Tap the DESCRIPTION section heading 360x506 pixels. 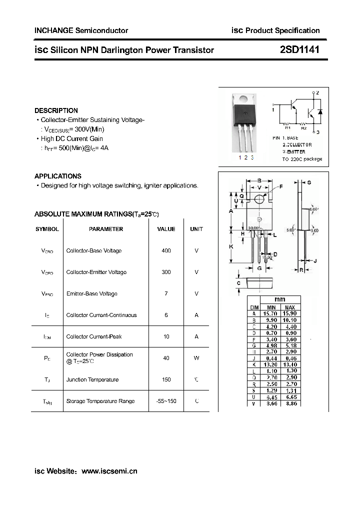[56, 110]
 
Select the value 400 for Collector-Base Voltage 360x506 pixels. [166, 250]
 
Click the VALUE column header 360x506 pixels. [166, 229]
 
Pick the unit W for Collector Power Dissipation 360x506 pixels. [196, 358]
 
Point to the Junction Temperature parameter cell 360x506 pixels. [92, 379]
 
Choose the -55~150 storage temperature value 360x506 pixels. [166, 401]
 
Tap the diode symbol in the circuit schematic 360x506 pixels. [320, 111]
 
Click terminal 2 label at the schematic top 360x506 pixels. [317, 93]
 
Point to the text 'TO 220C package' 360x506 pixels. [302, 159]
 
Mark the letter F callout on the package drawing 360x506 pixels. [281, 186]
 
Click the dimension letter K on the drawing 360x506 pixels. [231, 247]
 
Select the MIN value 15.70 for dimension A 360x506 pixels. [271, 313]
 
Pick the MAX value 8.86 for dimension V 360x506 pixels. [290, 403]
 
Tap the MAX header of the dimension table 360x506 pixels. [290, 307]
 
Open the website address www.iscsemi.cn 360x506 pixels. [109, 471]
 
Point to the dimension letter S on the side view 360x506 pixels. [309, 183]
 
